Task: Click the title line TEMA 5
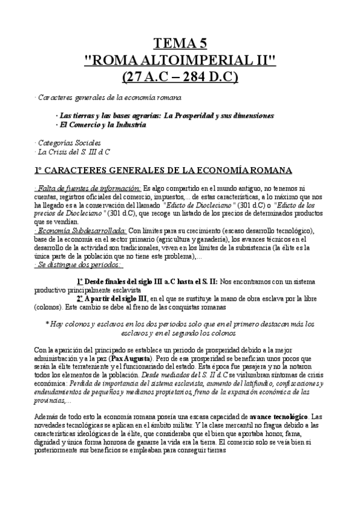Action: [x=180, y=43]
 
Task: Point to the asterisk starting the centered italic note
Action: [x=47, y=324]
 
